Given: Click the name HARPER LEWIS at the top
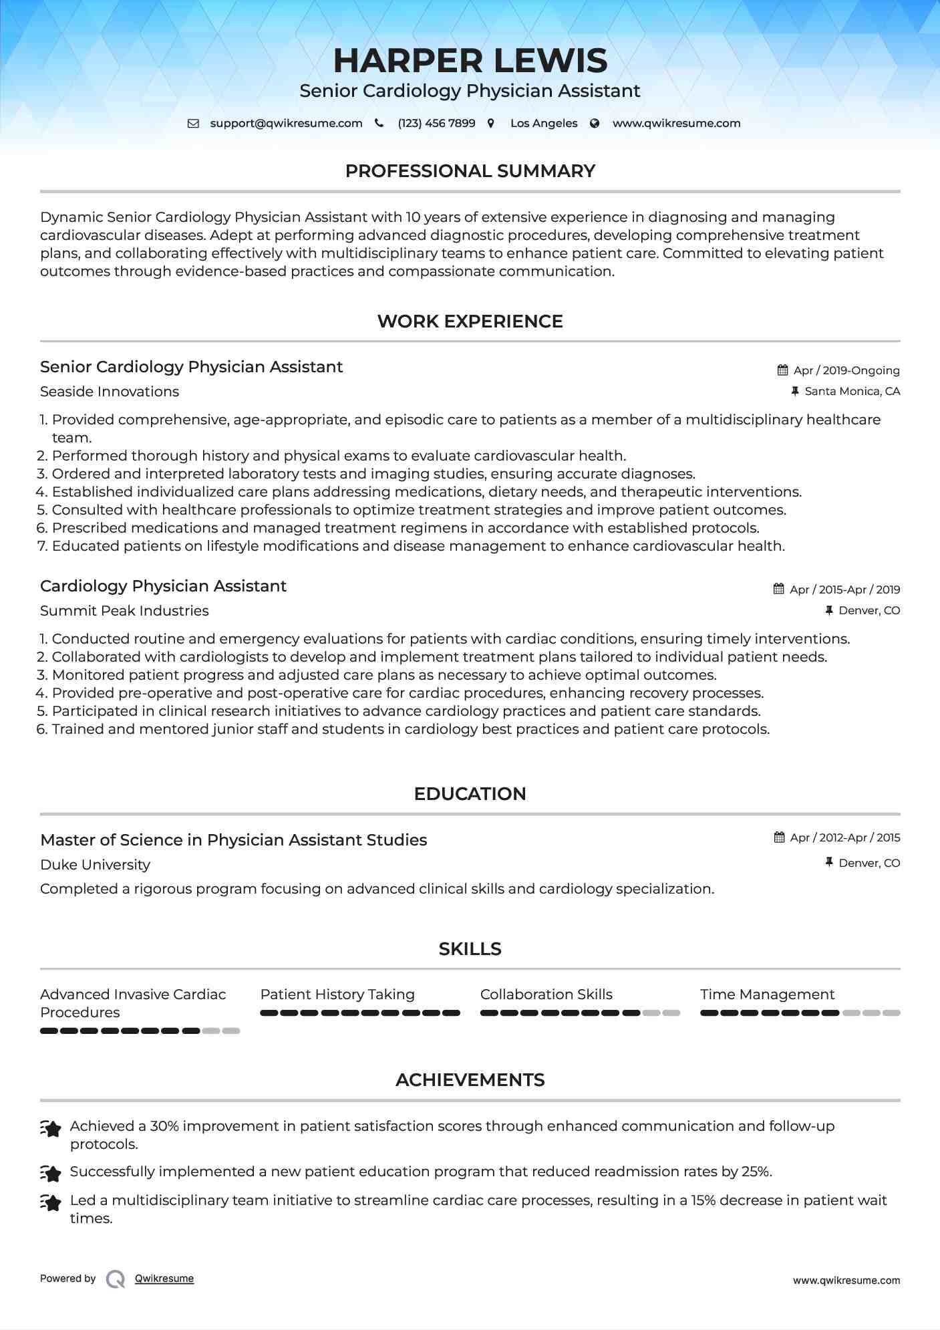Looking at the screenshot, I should point(470,61).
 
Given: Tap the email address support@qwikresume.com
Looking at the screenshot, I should point(286,123).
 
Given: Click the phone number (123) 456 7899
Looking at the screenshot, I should point(436,123).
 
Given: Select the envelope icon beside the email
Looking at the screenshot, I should point(193,123).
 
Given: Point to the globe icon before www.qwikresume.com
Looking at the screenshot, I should point(595,123).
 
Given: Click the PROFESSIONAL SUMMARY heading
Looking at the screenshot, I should point(470,171).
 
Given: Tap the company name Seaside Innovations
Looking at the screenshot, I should point(110,392).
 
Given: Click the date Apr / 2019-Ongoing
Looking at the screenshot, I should point(846,370).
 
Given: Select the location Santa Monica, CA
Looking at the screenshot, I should point(852,391).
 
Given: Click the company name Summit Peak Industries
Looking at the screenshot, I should point(124,611).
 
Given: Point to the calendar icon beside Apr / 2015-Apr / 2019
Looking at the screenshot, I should point(779,589).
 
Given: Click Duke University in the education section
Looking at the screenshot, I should point(95,865).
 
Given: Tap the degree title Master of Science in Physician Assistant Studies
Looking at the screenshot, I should point(234,840).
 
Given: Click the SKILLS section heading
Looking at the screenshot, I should point(470,949).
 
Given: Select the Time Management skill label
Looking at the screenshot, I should point(767,994).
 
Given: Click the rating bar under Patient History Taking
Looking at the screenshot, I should point(360,1013).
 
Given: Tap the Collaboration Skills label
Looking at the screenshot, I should point(546,994).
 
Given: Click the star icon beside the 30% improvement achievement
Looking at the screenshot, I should point(51,1128).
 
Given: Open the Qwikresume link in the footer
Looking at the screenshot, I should point(164,1279).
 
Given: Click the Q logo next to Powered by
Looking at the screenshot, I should point(116,1279).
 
